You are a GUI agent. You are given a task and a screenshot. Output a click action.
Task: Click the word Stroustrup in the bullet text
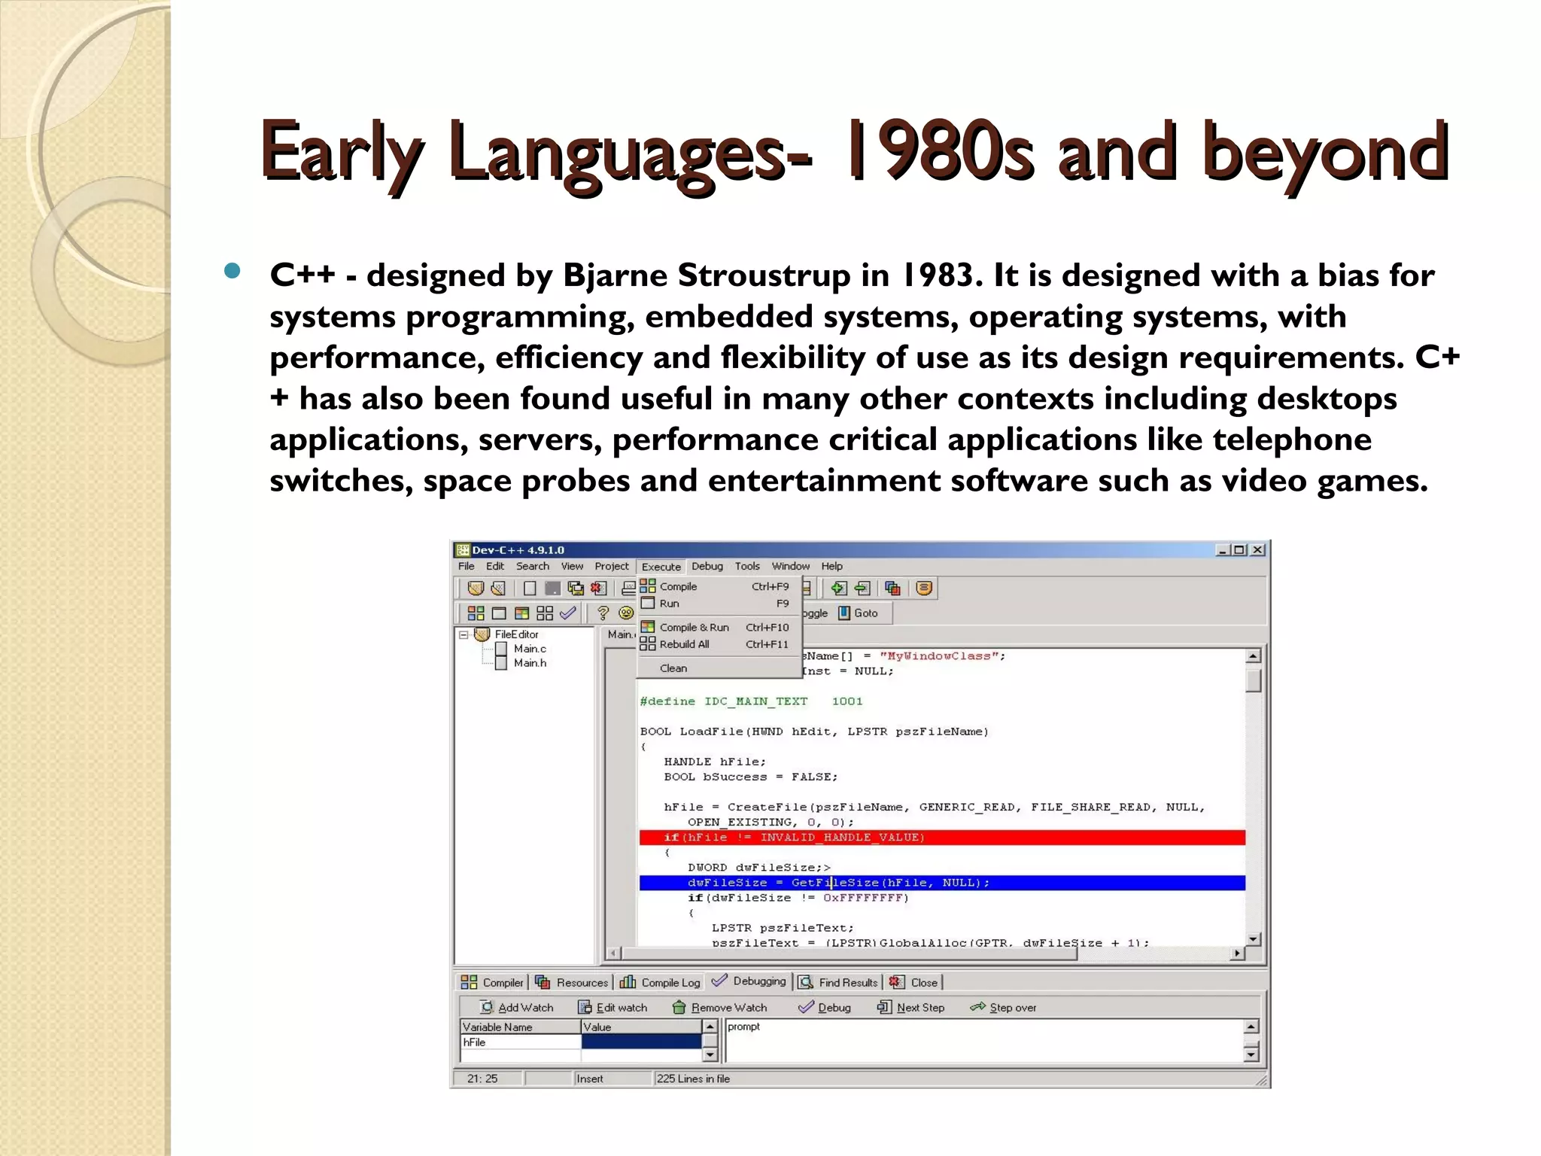763,275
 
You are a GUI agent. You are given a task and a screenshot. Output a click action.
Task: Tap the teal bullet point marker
233,272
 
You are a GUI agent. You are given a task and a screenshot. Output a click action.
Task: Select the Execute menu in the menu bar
661,567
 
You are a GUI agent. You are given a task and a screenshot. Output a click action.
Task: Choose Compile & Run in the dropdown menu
694,627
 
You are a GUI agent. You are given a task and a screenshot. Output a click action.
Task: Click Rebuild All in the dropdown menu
684,644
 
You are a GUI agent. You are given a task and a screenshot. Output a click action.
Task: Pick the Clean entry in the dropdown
673,668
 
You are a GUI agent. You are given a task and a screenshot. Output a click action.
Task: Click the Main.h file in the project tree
529,663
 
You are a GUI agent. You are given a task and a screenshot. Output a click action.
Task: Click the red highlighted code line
941,838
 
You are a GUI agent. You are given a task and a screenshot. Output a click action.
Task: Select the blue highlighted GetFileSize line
941,883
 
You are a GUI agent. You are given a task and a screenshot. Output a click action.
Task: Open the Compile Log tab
661,983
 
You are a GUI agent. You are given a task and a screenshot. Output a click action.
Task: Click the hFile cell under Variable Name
519,1042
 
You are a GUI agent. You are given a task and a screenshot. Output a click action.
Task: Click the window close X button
1257,550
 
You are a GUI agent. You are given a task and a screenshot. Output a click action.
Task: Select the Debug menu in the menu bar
707,567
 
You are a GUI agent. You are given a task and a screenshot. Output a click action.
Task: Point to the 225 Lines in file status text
693,1079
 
